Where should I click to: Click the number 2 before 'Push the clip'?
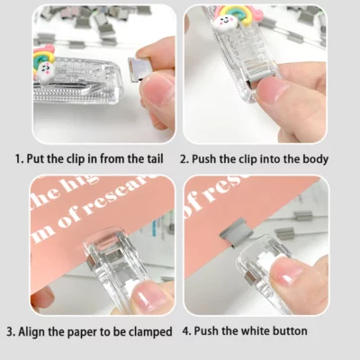click(183, 159)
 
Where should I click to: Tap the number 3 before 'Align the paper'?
click(9, 332)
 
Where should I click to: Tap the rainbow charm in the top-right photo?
click(226, 18)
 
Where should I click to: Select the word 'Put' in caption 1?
click(39, 159)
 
